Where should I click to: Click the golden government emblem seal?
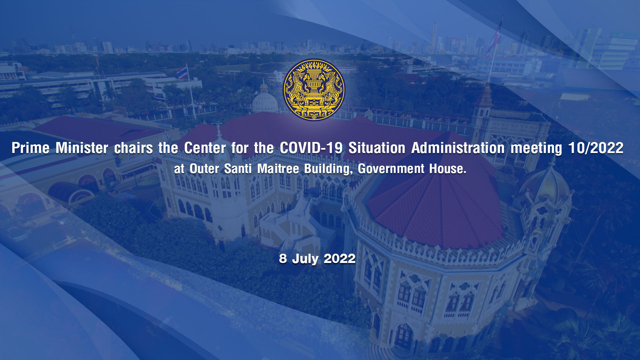click(314, 90)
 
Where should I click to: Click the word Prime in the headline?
click(31, 148)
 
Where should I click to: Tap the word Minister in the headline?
click(82, 148)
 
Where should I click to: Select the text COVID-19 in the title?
click(311, 148)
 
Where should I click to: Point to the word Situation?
click(377, 148)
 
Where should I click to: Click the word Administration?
click(458, 148)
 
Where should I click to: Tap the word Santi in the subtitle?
click(238, 169)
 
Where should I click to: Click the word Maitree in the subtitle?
click(278, 169)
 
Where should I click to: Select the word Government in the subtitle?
click(391, 169)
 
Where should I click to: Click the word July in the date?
click(305, 259)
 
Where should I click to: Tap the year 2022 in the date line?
click(340, 259)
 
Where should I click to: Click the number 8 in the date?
click(283, 259)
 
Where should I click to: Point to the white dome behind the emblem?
click(265, 100)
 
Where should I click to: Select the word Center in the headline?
click(205, 148)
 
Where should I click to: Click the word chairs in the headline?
click(133, 148)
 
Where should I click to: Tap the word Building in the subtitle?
click(328, 169)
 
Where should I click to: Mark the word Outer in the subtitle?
click(204, 169)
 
